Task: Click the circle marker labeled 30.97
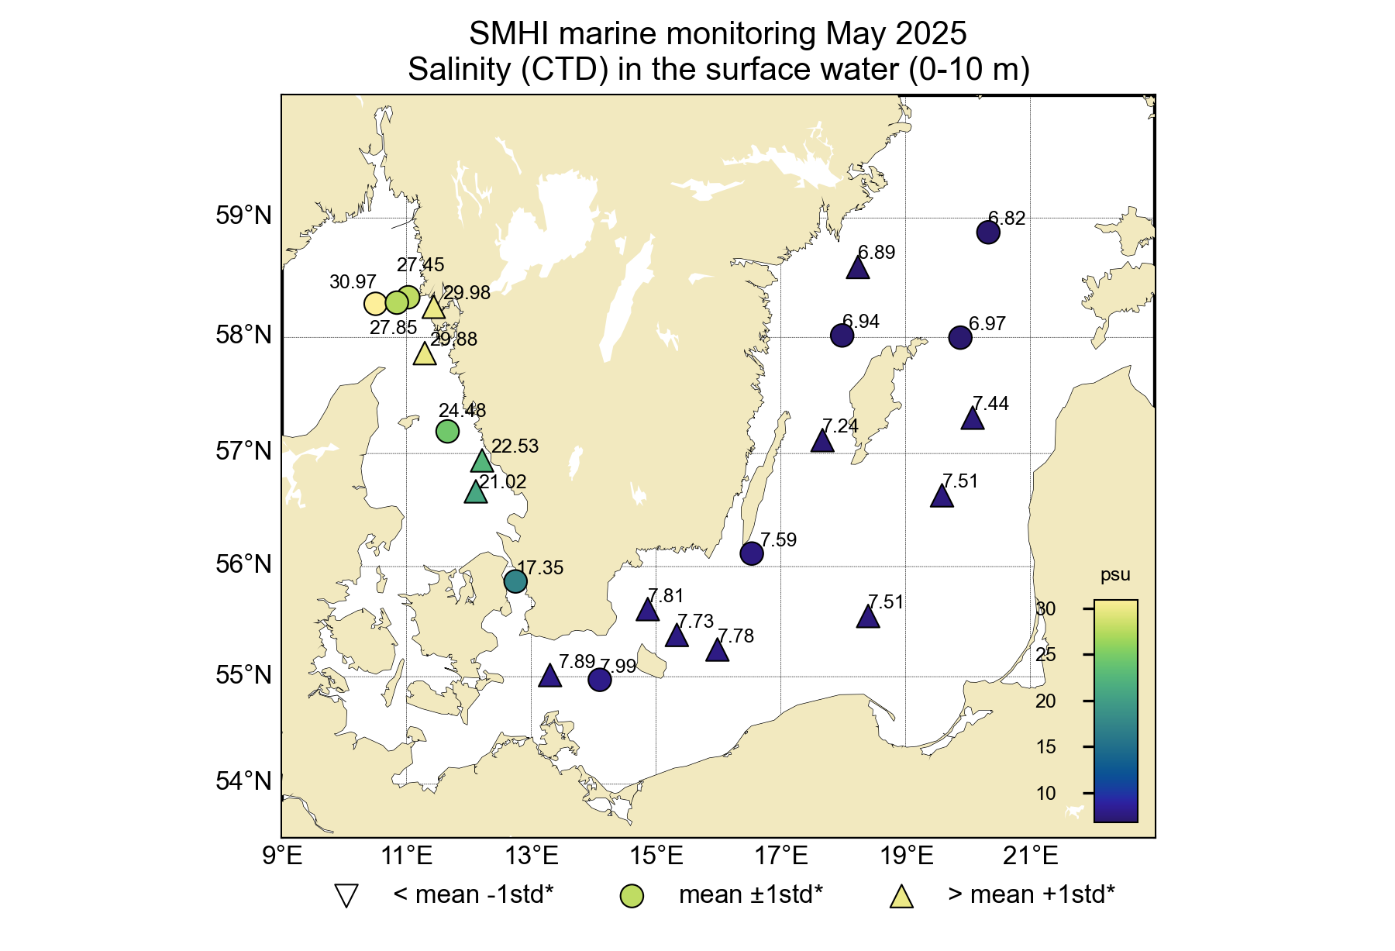[x=375, y=303]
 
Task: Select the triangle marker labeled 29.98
[x=433, y=308]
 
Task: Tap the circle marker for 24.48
[x=447, y=431]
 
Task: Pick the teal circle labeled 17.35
[x=515, y=581]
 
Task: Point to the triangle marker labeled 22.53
[x=482, y=462]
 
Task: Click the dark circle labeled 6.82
[x=988, y=232]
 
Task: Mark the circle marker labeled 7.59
[x=752, y=553]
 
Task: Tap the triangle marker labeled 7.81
[x=648, y=611]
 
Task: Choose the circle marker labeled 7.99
[x=600, y=680]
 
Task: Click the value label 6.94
[x=860, y=322]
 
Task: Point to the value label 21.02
[x=502, y=482]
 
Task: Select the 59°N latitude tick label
[x=243, y=215]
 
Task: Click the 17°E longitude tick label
[x=782, y=856]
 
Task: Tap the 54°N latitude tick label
[x=243, y=780]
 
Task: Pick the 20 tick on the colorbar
[x=1045, y=701]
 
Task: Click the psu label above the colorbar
[x=1115, y=575]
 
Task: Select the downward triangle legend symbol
[x=346, y=896]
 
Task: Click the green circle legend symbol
[x=632, y=896]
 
